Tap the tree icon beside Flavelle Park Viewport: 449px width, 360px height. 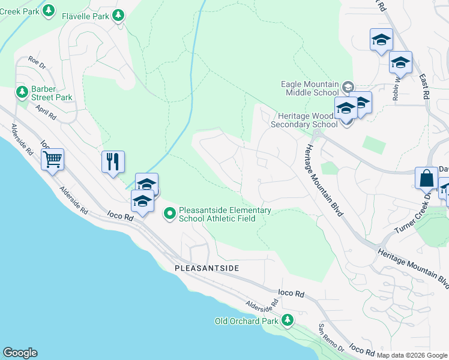pos(119,14)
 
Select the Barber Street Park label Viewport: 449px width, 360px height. pos(52,93)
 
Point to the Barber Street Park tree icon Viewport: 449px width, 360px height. pos(22,92)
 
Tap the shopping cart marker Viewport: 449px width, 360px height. pos(53,159)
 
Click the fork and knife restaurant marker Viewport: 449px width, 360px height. pos(113,161)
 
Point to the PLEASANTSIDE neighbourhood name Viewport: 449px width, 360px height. pos(206,268)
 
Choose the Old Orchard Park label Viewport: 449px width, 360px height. pos(247,321)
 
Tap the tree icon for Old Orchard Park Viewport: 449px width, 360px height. pos(288,320)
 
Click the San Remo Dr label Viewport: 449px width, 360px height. pos(330,338)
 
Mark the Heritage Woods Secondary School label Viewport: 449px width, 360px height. pos(304,120)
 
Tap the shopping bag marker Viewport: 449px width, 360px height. pos(426,178)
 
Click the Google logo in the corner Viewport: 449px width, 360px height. pos(20,353)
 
